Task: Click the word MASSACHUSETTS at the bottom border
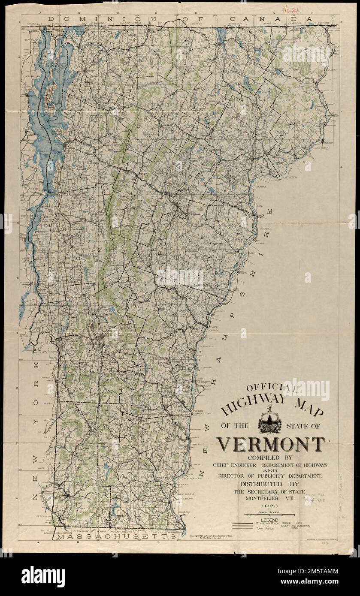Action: point(117,536)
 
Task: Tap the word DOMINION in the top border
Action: point(77,19)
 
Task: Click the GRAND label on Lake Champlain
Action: point(56,65)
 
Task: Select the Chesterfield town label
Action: point(185,494)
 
